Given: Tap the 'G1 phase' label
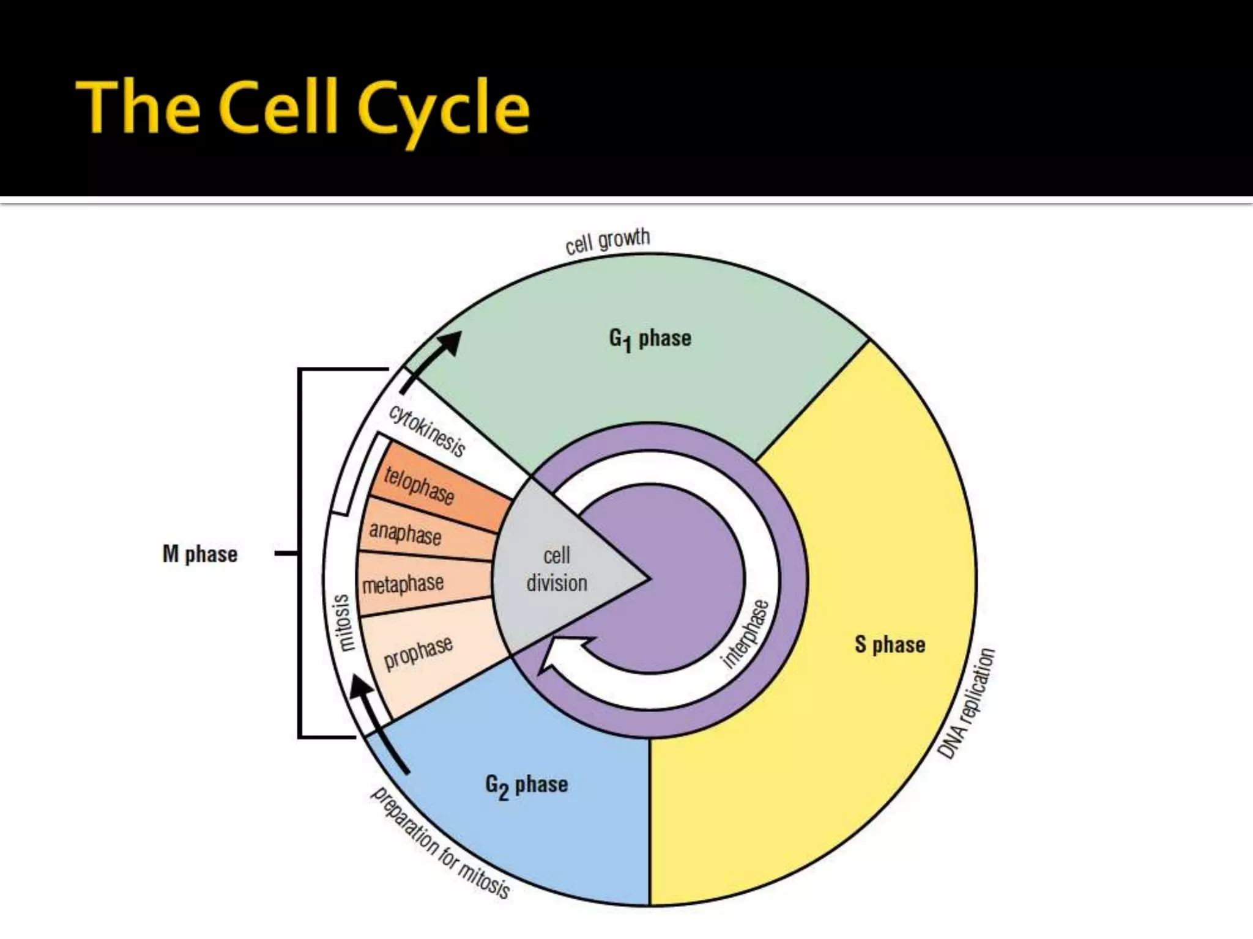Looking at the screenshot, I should (x=650, y=339).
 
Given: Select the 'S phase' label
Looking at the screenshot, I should (x=890, y=644).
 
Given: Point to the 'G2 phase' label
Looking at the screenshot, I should (x=526, y=785).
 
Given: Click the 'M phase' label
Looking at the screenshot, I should (x=200, y=554).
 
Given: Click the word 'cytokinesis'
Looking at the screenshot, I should (x=427, y=430).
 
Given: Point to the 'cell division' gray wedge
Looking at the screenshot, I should (x=557, y=570).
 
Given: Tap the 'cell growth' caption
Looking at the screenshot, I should (x=607, y=241).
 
